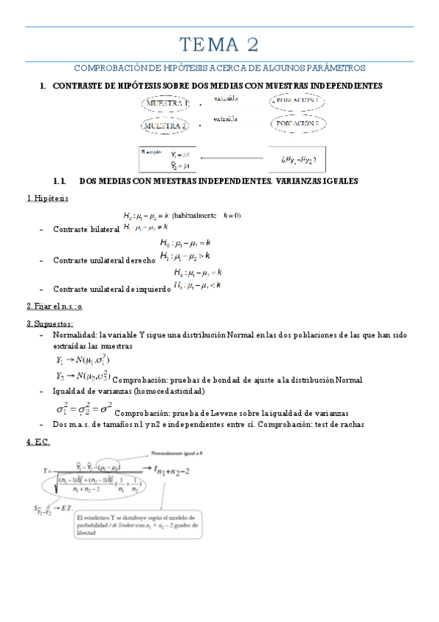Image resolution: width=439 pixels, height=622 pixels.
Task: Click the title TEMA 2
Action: [220, 45]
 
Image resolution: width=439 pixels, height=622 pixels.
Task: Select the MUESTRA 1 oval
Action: [166, 105]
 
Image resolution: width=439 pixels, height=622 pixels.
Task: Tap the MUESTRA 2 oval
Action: [166, 126]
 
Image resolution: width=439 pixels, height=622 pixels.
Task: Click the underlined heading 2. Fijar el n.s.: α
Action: [54, 306]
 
